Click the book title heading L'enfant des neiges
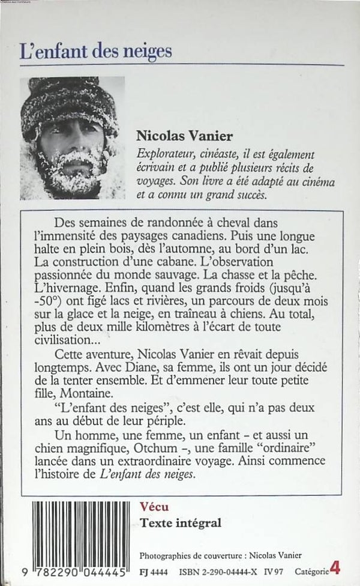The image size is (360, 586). pyautogui.click(x=95, y=50)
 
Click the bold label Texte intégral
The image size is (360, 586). pyautogui.click(x=180, y=523)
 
